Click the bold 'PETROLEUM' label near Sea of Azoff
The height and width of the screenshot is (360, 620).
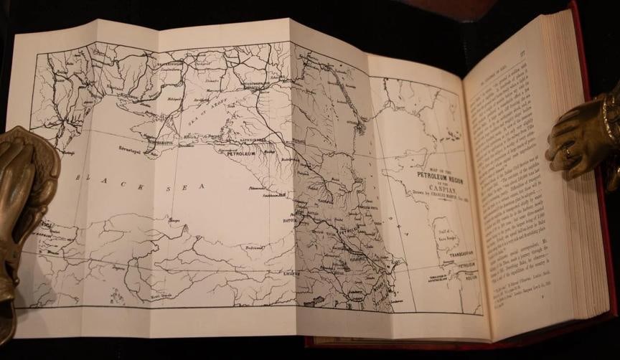click(242, 153)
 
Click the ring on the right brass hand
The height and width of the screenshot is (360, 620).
click(568, 151)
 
